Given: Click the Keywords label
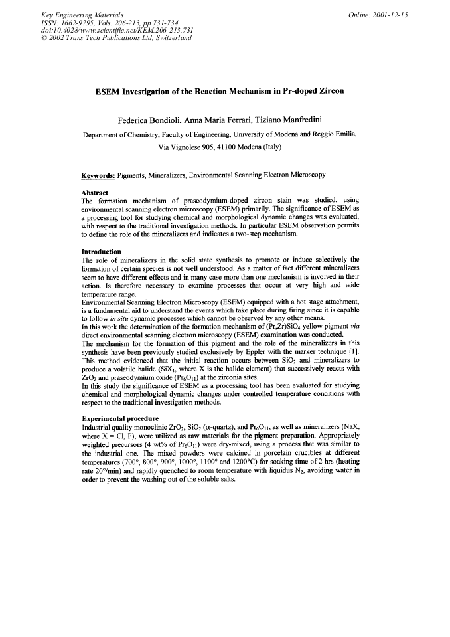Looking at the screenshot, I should point(98,175).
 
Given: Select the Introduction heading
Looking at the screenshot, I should point(101,252).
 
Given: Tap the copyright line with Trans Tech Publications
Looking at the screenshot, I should point(117,38).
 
